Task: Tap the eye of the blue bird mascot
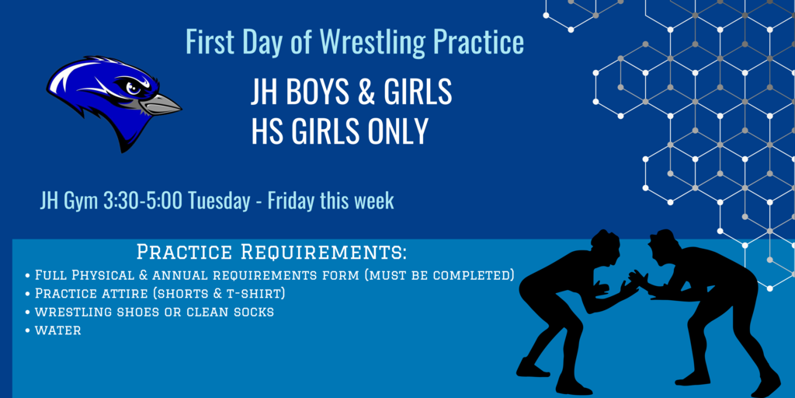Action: [x=133, y=89]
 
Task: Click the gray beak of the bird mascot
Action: [x=160, y=103]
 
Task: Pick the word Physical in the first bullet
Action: [x=101, y=276]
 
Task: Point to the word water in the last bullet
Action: [x=57, y=330]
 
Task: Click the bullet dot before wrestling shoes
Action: [x=27, y=312]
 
